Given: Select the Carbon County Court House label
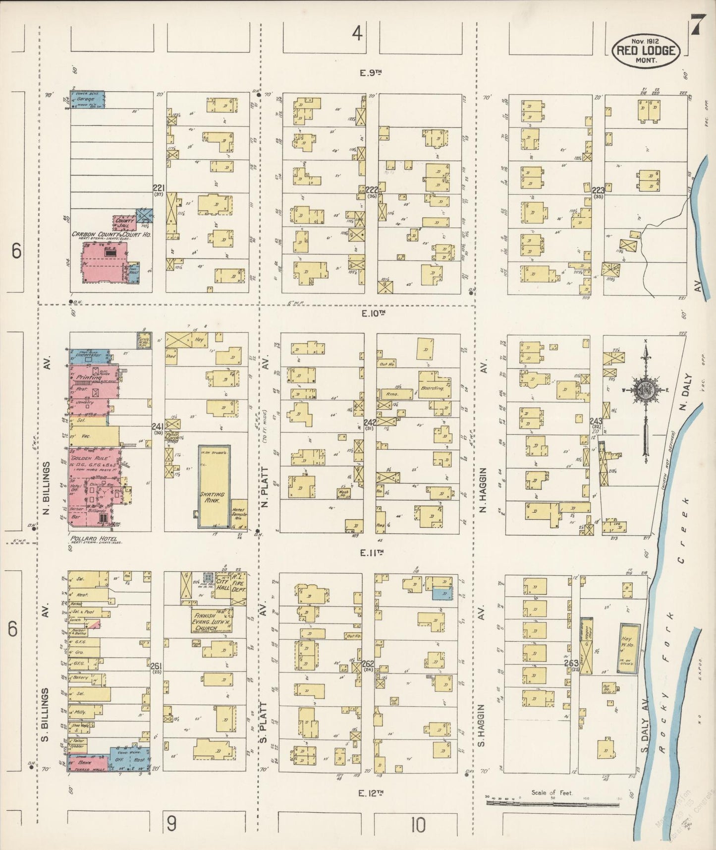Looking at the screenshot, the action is pos(111,234).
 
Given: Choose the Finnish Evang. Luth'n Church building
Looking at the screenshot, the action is pos(212,622).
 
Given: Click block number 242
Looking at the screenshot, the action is pos(370,422).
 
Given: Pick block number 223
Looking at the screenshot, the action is pos(598,190).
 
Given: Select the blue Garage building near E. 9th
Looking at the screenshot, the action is pos(87,99).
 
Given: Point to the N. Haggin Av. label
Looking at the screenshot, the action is pos(484,488).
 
